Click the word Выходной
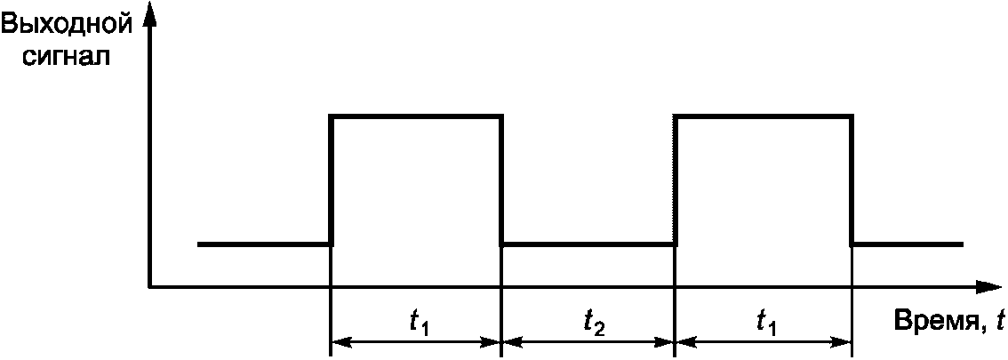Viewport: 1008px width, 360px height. point(68,25)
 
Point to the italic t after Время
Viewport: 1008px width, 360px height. point(999,321)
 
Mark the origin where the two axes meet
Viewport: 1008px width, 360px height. point(149,287)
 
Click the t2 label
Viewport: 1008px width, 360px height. point(595,324)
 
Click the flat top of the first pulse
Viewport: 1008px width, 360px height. point(417,116)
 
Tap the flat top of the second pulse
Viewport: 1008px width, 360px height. point(764,116)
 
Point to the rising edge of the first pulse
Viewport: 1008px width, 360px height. point(331,178)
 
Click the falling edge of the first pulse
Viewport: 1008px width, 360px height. point(502,178)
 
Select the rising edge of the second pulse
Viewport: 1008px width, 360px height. point(675,178)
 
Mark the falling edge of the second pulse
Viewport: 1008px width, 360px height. point(852,178)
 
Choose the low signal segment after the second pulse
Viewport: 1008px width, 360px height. point(907,244)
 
